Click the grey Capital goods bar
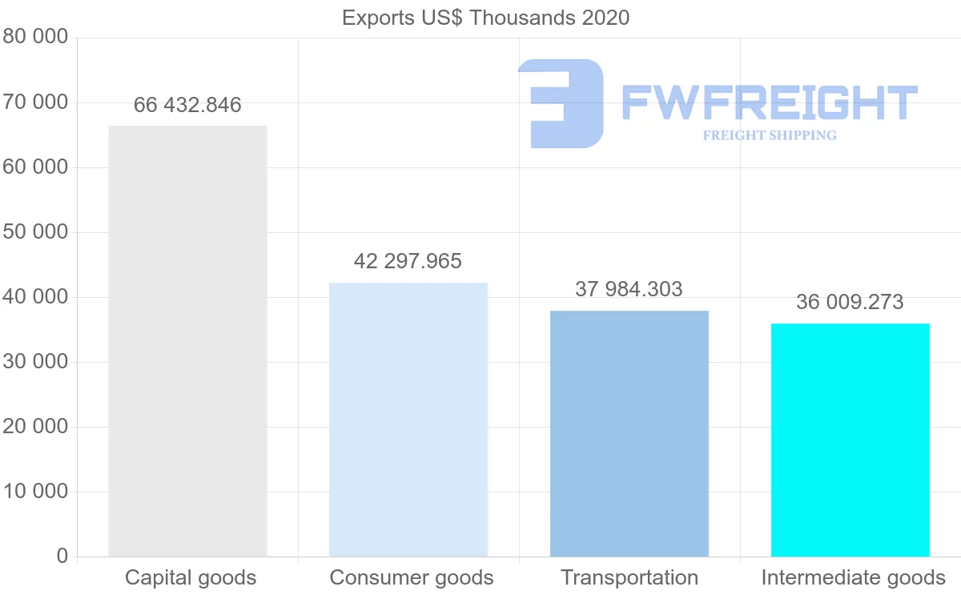point(187,340)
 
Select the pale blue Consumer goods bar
point(408,419)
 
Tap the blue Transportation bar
point(629,432)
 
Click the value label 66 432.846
point(187,105)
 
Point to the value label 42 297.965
point(408,261)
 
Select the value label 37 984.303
point(629,289)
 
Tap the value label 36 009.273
point(850,302)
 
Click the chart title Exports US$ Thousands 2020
point(485,18)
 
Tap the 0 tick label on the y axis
point(62,556)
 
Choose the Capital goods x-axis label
point(191,577)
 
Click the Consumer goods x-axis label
point(412,577)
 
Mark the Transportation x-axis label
point(629,577)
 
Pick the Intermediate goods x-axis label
point(853,577)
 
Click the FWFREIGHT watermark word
point(769,103)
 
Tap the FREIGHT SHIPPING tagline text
point(770,135)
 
